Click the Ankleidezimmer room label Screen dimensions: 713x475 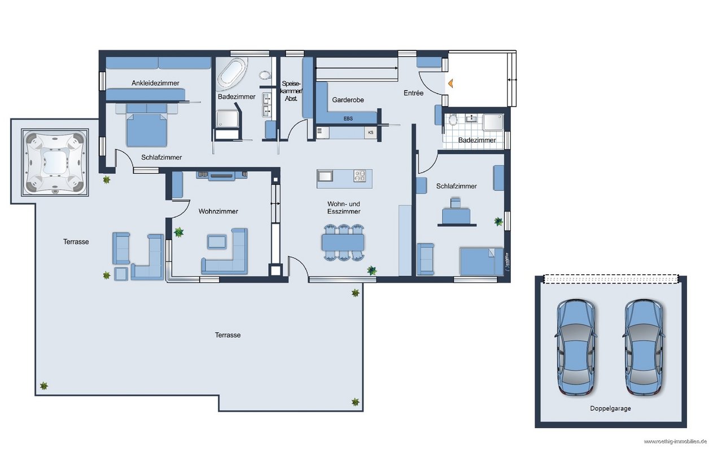pos(155,83)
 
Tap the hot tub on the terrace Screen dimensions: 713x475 pos(55,162)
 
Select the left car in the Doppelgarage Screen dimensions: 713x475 pos(576,347)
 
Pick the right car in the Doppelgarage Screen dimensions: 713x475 pos(644,347)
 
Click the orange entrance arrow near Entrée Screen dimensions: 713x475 pos(450,83)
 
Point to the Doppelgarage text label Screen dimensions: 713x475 pos(610,408)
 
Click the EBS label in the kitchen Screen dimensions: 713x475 pos(348,118)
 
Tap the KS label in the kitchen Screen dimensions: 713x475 pos(370,133)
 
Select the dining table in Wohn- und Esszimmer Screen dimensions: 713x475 pos(343,243)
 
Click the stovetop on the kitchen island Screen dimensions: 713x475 pos(360,176)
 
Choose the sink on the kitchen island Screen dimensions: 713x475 pos(325,175)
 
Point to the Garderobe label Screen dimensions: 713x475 pos(348,100)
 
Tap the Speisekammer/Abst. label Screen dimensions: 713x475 pos(291,91)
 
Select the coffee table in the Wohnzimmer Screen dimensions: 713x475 pos(217,242)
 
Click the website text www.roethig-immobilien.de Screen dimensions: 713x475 pos(675,442)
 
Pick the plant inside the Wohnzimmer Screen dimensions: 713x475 pos(179,232)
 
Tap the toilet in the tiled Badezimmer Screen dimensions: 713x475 pos(453,120)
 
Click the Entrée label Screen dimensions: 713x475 pos(413,93)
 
